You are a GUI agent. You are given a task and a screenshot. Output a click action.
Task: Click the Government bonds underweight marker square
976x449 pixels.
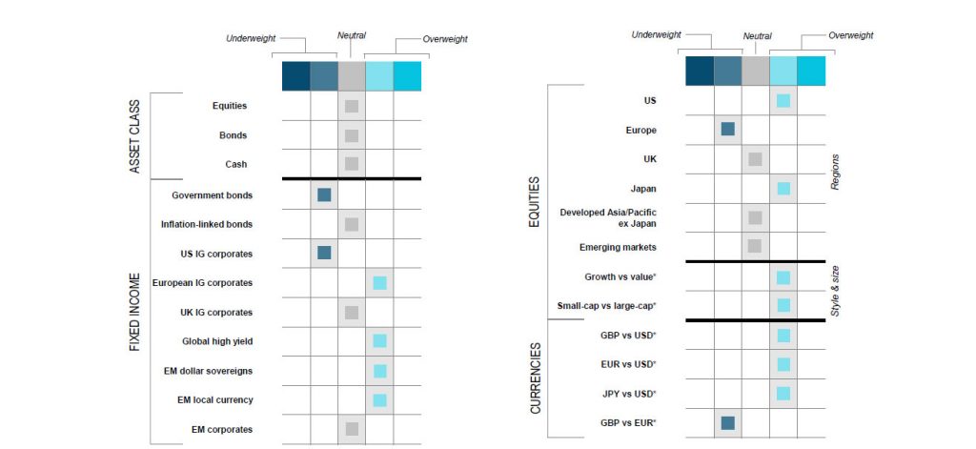tap(324, 194)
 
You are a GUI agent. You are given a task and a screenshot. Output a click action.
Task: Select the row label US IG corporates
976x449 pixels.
tap(216, 255)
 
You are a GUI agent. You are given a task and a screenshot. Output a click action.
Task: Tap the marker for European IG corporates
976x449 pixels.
tap(379, 283)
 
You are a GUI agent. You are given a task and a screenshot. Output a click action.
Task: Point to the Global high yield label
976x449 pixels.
tap(217, 341)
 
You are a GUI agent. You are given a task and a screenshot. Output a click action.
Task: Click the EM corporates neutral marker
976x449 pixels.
tap(352, 428)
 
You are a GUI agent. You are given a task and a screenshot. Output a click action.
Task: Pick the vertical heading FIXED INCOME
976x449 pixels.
tap(135, 312)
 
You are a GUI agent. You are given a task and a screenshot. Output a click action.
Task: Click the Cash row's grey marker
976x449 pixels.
tap(352, 164)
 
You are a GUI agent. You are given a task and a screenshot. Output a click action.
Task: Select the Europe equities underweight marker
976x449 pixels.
tap(727, 129)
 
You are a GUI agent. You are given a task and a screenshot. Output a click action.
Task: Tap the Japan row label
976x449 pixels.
tap(643, 188)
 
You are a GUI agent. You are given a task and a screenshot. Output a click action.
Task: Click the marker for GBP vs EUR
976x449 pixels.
tap(727, 423)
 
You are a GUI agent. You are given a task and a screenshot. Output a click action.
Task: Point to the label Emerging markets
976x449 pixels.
tap(618, 247)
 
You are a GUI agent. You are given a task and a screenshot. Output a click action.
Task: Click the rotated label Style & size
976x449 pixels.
tap(835, 291)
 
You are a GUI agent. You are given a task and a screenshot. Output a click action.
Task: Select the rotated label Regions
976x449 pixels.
tap(835, 172)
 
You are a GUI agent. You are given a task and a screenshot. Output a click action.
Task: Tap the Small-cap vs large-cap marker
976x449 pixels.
tap(783, 305)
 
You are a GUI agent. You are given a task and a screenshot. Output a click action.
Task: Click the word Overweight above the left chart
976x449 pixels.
tap(445, 39)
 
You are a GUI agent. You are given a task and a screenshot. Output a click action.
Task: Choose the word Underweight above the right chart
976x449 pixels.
tap(656, 35)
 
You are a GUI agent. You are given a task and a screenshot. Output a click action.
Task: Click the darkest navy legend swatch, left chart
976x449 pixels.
tap(295, 76)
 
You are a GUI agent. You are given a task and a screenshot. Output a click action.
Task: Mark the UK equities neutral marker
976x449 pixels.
tap(755, 159)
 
